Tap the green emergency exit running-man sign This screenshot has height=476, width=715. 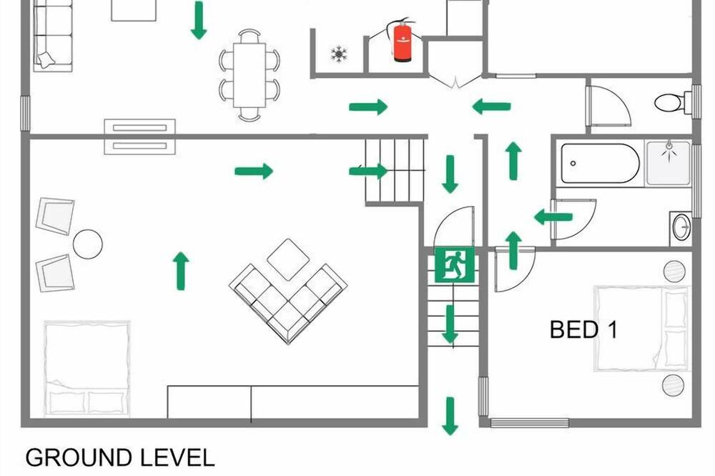pos(455,265)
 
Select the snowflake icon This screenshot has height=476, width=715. pos(339,54)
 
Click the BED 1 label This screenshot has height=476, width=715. pos(583,329)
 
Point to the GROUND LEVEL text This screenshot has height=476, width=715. pos(119,457)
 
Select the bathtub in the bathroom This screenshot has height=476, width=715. pos(600,163)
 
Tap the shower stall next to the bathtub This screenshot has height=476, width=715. pos(668,163)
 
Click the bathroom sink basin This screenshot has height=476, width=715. pos(681,226)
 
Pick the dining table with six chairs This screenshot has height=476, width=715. pos(250,75)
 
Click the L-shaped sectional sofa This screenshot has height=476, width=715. pos(288,303)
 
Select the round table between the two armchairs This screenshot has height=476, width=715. pos(87,244)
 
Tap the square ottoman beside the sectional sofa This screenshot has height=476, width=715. pos(288,259)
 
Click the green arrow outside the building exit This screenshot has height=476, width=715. pos(450,416)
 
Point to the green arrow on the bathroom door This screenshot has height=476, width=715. pos(553,217)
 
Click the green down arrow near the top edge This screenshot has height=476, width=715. pos(198,20)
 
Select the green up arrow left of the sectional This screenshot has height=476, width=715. pos(181,271)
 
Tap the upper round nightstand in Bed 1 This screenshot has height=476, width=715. pos(674,272)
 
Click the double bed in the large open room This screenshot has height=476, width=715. pos(87,369)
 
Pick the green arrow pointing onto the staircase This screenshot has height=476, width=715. pos(368,172)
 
